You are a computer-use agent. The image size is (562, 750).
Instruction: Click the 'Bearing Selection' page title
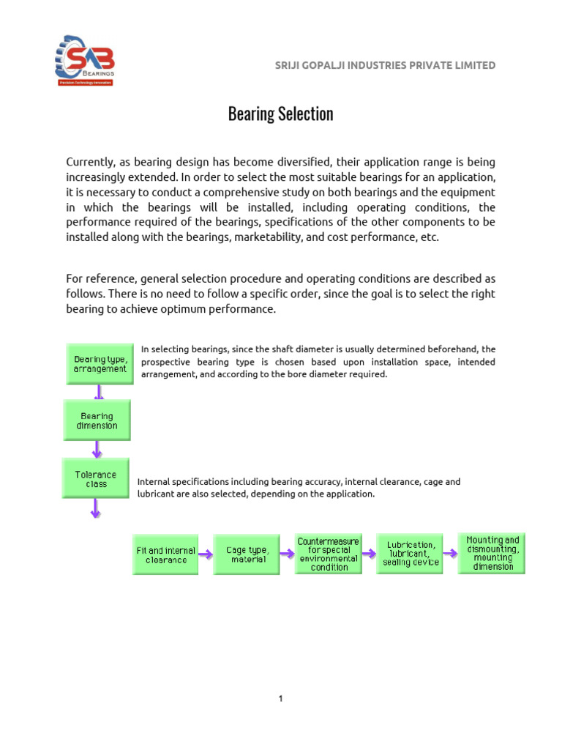click(280, 114)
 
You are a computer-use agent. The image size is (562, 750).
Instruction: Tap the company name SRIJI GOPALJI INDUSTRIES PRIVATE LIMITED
click(384, 65)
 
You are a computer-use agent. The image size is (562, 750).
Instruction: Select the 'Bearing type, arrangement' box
click(100, 363)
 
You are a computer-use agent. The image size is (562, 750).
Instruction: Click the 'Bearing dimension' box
click(97, 420)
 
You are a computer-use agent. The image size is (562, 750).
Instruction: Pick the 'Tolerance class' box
click(96, 479)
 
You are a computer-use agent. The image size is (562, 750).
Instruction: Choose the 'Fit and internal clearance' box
click(165, 554)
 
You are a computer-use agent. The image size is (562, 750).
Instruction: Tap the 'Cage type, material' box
click(247, 554)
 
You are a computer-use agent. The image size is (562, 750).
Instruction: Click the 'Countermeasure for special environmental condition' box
click(329, 554)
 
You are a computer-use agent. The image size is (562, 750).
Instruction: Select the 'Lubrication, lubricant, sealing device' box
click(410, 554)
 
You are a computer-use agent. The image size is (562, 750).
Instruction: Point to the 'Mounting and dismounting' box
click(492, 553)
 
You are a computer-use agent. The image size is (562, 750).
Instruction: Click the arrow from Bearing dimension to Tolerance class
click(97, 449)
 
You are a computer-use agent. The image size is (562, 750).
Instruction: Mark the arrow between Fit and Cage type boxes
click(206, 554)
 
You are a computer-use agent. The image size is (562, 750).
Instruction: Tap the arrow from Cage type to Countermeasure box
click(287, 554)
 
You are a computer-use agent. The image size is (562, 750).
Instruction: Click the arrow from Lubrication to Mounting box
click(450, 554)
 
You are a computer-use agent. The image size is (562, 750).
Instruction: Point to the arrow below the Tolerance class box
click(95, 508)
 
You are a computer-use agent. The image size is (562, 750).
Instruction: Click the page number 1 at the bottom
click(280, 699)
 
